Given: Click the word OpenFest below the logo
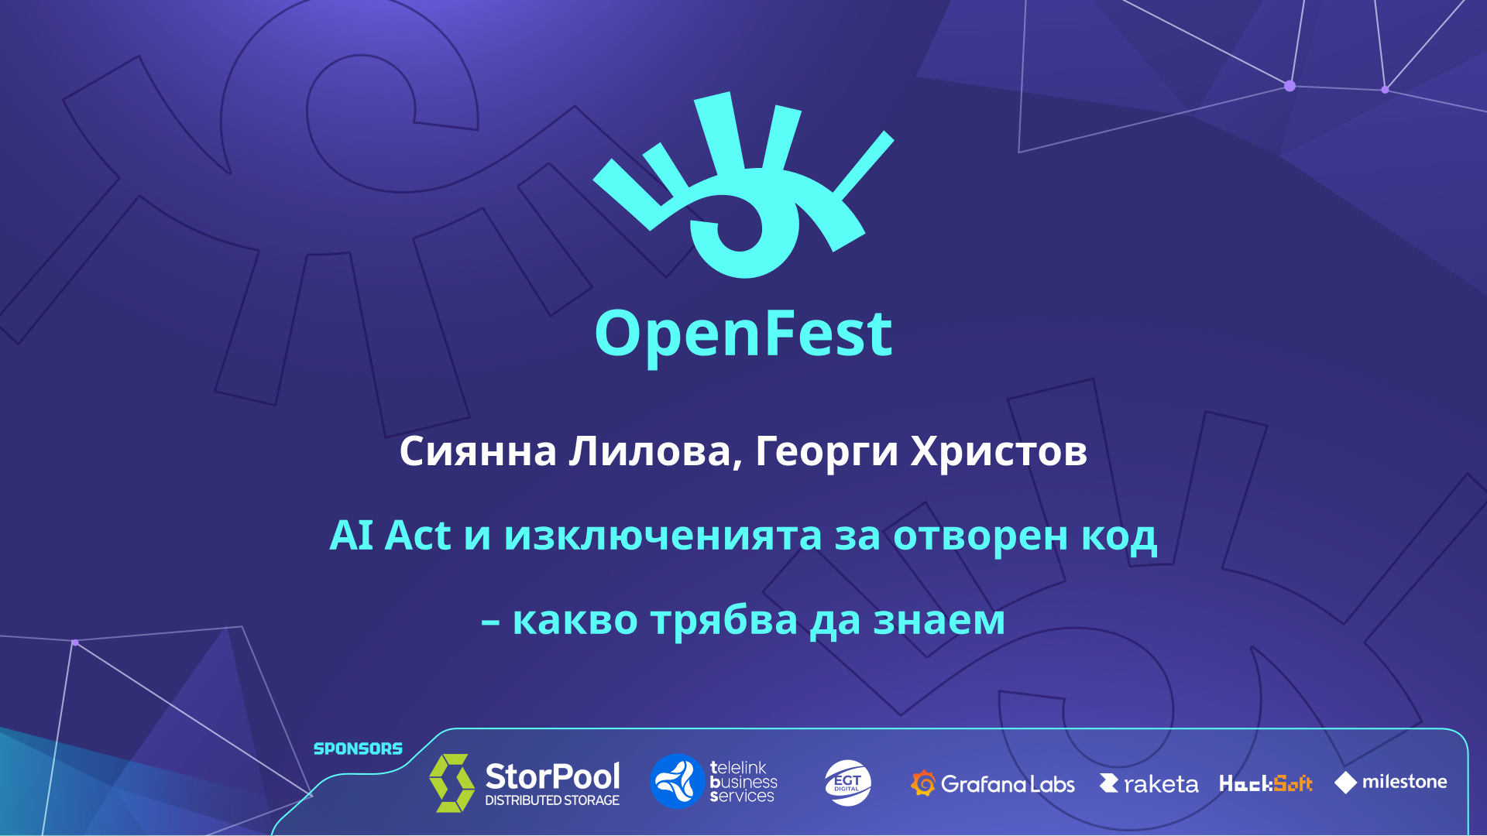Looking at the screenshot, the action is point(743,334).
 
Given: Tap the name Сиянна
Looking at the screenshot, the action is point(478,451).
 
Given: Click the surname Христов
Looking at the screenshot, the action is point(999,451).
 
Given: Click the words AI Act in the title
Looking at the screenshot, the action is point(390,535).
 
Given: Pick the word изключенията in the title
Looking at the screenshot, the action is point(663,536).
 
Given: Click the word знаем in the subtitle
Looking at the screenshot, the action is point(939,621).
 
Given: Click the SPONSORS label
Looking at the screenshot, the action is point(358,749).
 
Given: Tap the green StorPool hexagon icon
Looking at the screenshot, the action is point(452,783).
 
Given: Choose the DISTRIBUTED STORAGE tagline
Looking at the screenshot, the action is point(552,800).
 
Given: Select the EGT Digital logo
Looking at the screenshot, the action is point(848,783).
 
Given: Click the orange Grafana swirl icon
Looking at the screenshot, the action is point(923,783).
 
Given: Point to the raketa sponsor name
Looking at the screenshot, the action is point(1161,785).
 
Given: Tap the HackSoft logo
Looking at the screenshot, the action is point(1266,783).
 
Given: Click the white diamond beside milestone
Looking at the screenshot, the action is point(1346,783).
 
